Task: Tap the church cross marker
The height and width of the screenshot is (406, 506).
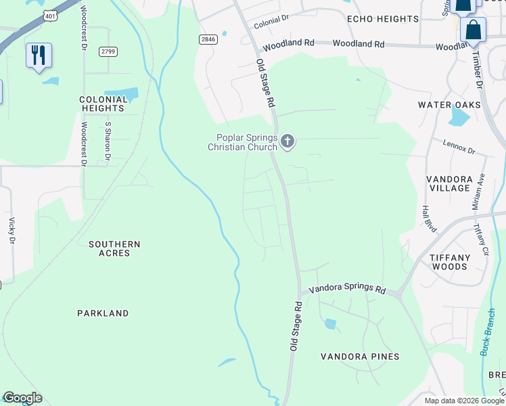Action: [287, 141]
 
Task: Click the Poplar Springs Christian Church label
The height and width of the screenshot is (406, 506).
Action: [242, 142]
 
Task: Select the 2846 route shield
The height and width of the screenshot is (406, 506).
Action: [208, 40]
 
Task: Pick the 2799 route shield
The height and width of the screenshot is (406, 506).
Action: [108, 51]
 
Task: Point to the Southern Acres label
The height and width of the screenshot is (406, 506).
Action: [114, 248]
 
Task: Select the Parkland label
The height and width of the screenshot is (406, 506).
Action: [103, 313]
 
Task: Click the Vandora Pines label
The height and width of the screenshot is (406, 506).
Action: [360, 357]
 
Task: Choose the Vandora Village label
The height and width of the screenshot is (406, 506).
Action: [449, 183]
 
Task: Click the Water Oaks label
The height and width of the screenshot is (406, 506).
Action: [449, 105]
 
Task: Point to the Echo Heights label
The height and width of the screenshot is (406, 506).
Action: [383, 19]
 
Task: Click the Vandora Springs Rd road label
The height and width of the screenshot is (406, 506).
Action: [347, 288]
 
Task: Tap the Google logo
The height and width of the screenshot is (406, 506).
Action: [22, 398]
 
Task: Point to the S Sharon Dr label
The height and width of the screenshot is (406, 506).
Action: [108, 141]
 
